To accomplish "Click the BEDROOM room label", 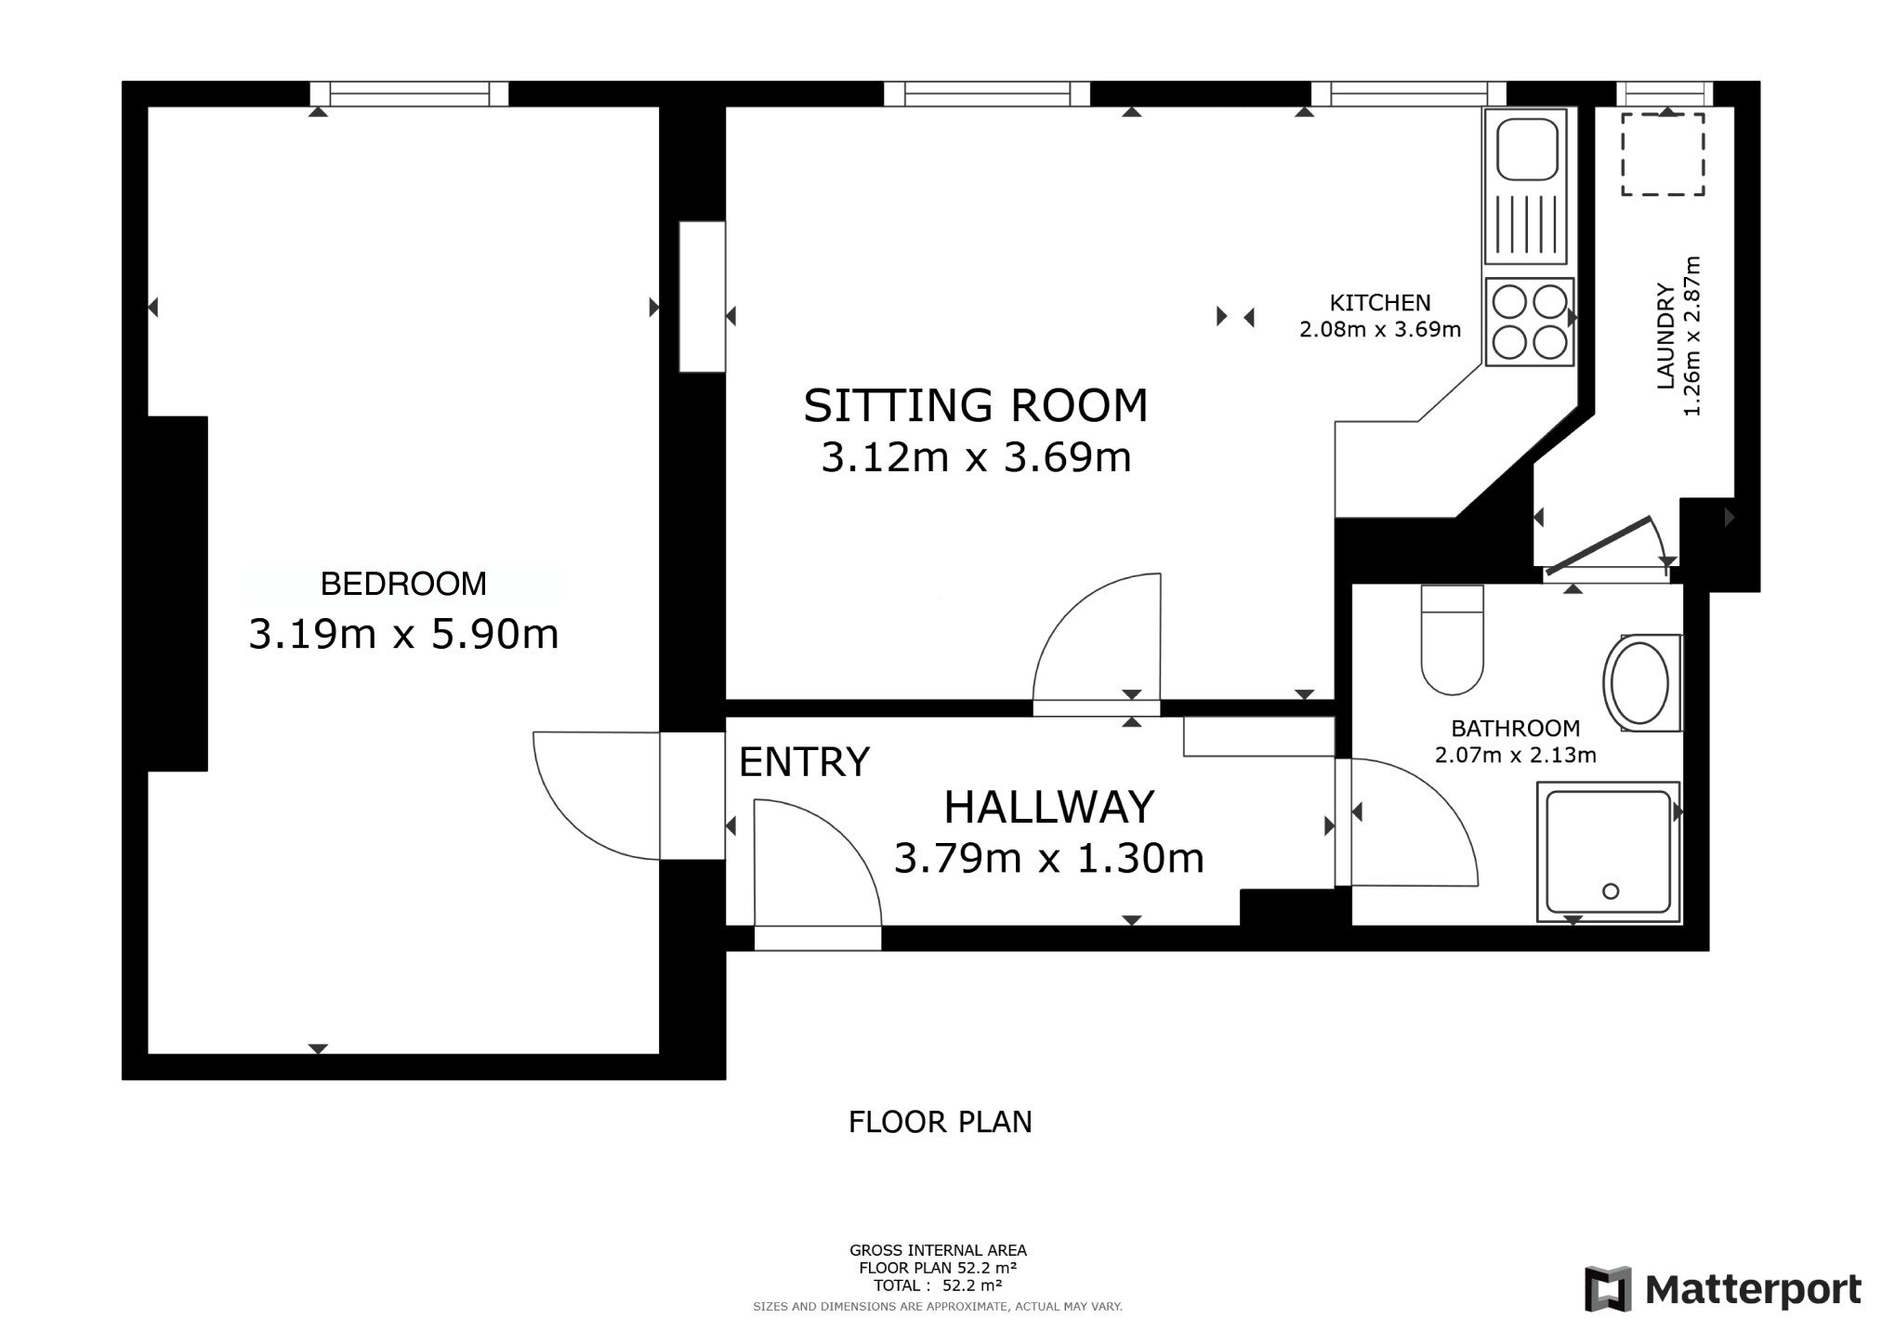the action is pyautogui.click(x=403, y=584).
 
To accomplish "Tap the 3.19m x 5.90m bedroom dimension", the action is pyautogui.click(x=403, y=635).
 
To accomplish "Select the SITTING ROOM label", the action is pyautogui.click(x=976, y=406).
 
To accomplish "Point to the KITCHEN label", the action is pyautogui.click(x=1380, y=303).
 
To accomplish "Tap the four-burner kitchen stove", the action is pyautogui.click(x=1530, y=322).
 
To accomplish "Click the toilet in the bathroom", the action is pyautogui.click(x=1453, y=639).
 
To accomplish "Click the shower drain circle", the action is pyautogui.click(x=1611, y=891).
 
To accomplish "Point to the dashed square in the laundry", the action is pyautogui.click(x=1664, y=154).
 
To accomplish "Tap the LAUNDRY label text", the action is pyautogui.click(x=1665, y=336).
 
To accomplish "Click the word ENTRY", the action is pyautogui.click(x=804, y=762).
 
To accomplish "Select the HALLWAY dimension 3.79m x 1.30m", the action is pyautogui.click(x=1049, y=858).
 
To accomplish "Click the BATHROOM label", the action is pyautogui.click(x=1516, y=729).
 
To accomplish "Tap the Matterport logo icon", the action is pyautogui.click(x=1609, y=1289).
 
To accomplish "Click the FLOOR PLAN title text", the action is pyautogui.click(x=941, y=1123).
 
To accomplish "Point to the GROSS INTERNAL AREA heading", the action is pyautogui.click(x=938, y=1250).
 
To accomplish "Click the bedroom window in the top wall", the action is pyautogui.click(x=409, y=94).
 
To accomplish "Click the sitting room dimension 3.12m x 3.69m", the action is pyautogui.click(x=976, y=458).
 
